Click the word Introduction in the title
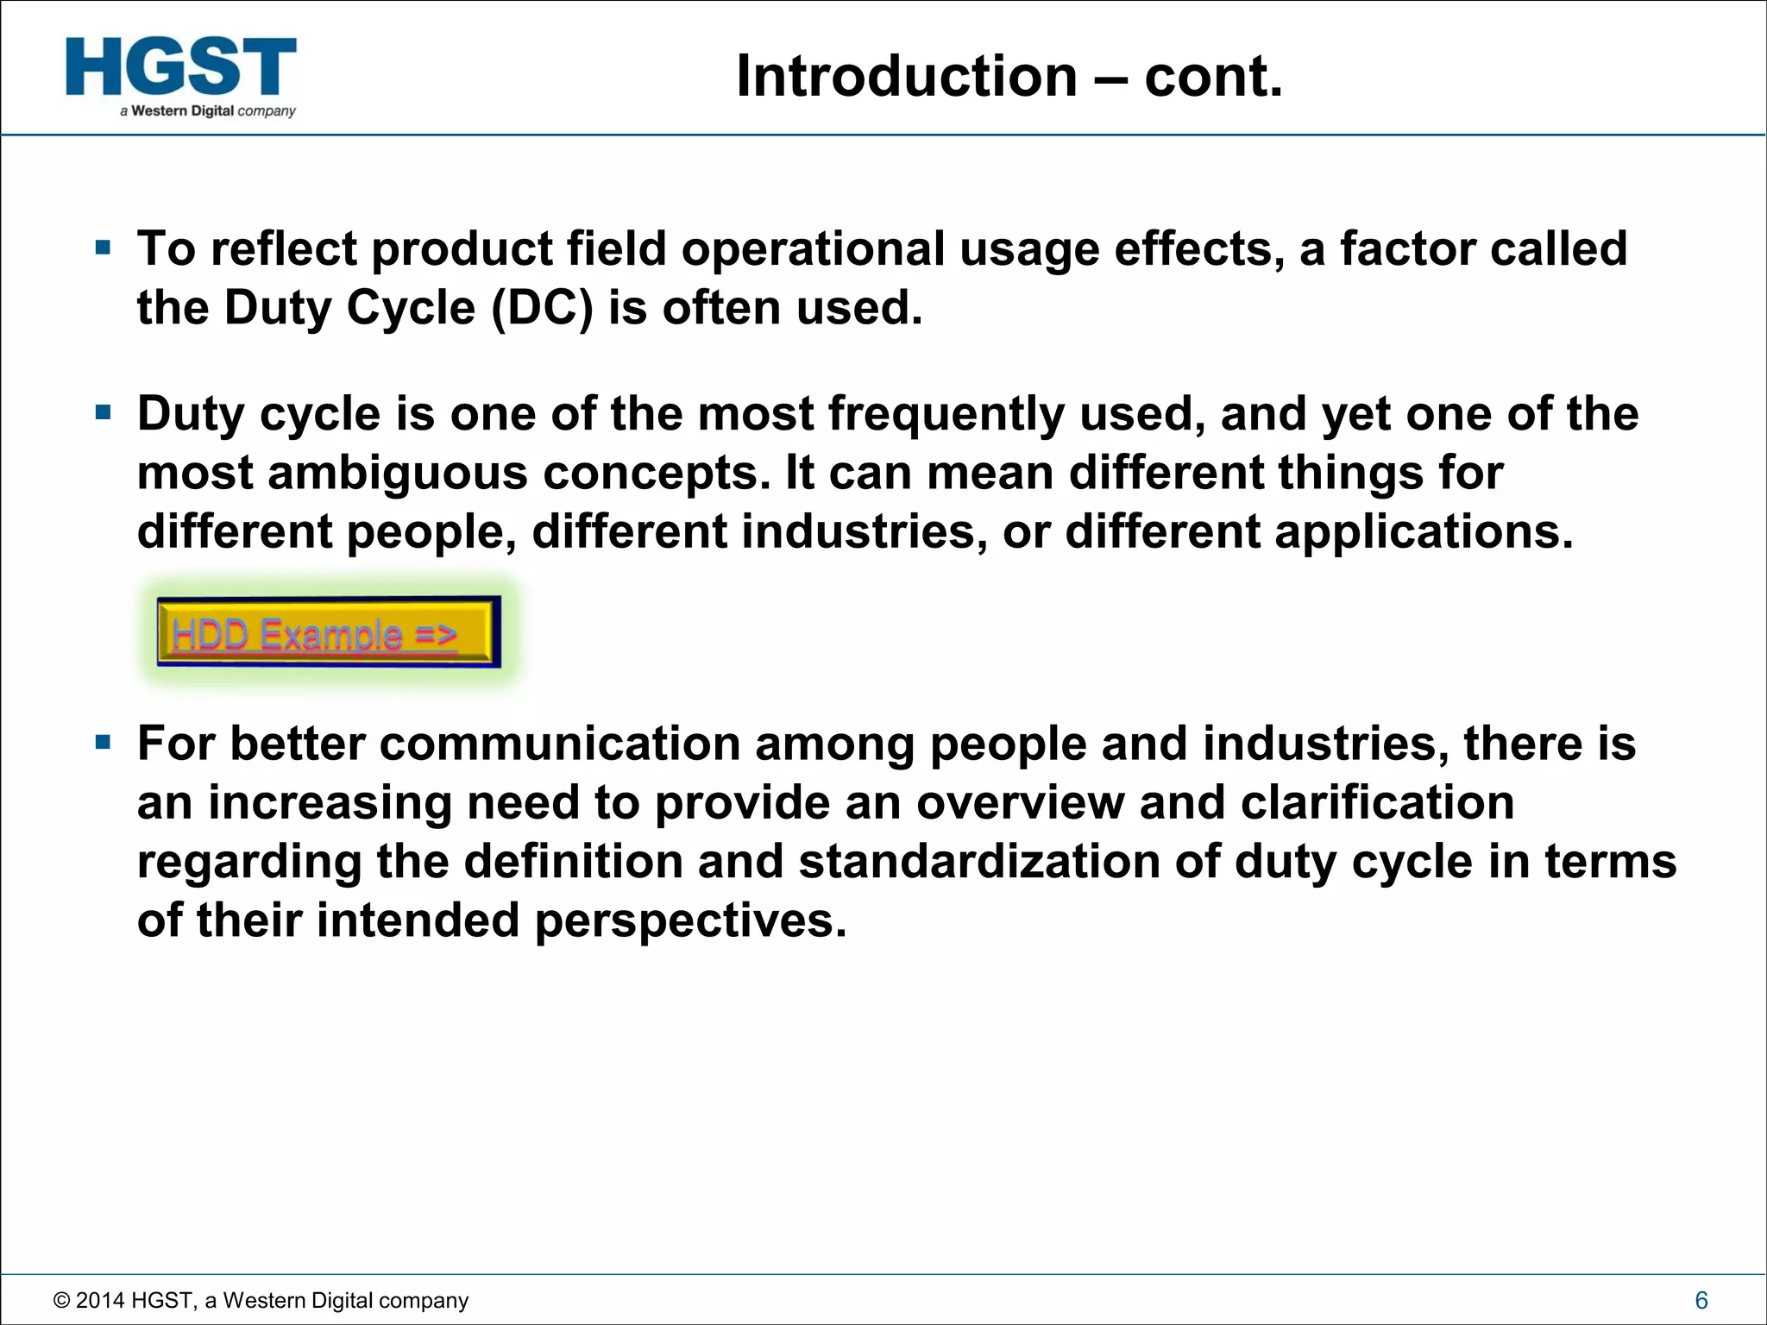pos(907,77)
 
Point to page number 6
pos(1701,1300)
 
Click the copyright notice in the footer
pos(261,1300)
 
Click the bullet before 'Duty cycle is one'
pos(104,412)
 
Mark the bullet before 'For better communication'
pos(104,742)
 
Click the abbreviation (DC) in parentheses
pos(542,308)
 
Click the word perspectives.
pos(690,920)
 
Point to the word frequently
pos(946,414)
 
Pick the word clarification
pos(1377,803)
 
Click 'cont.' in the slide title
pos(1213,77)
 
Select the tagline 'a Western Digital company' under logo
pos(208,111)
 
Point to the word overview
pos(1020,803)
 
